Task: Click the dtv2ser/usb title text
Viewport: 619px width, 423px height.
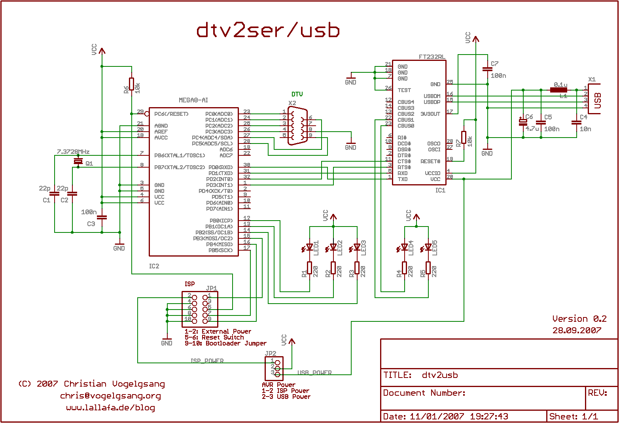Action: click(268, 30)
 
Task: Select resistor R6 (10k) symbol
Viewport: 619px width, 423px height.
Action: click(132, 84)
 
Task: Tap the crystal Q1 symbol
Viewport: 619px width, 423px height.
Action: click(78, 162)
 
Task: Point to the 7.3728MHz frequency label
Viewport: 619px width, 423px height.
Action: click(73, 152)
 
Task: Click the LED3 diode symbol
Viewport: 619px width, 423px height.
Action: click(357, 248)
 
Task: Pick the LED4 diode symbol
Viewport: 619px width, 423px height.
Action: click(404, 247)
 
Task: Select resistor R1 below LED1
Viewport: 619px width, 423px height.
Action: click(310, 268)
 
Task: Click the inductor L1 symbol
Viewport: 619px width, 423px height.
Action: click(558, 90)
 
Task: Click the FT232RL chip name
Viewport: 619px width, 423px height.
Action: click(432, 57)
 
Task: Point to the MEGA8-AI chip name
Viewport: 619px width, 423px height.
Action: click(193, 100)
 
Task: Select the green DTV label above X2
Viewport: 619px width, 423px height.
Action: click(297, 94)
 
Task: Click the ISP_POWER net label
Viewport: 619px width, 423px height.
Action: click(207, 361)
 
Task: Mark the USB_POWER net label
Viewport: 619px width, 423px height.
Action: click(314, 373)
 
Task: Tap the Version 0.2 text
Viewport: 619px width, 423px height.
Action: click(579, 319)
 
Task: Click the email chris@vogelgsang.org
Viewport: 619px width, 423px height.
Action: click(110, 396)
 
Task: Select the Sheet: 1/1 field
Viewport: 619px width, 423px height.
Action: click(574, 416)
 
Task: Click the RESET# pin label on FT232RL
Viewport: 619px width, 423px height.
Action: click(430, 161)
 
